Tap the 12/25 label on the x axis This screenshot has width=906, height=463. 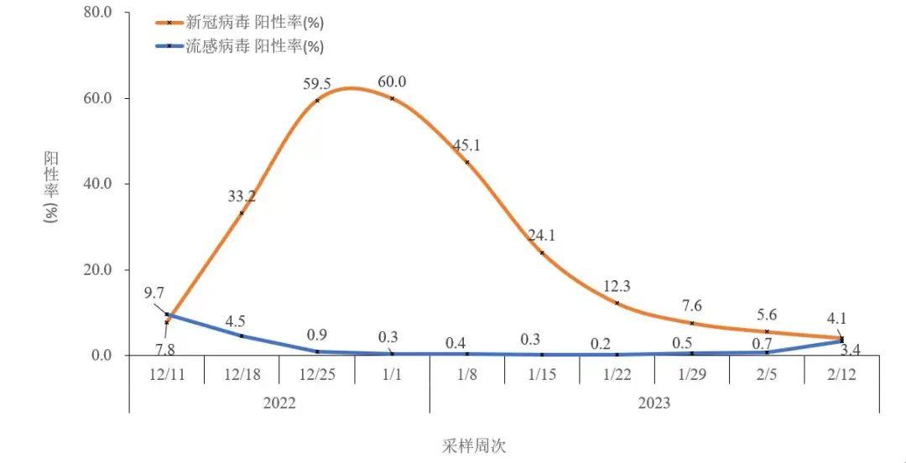click(x=317, y=373)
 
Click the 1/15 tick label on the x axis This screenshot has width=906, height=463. click(x=542, y=373)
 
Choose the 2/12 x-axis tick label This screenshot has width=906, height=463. click(x=841, y=373)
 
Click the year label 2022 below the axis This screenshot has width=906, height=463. click(x=279, y=403)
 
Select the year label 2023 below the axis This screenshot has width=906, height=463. click(x=654, y=403)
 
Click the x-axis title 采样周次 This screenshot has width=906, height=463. click(x=475, y=445)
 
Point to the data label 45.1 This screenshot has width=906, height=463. click(x=466, y=145)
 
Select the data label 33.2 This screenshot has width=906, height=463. click(x=242, y=196)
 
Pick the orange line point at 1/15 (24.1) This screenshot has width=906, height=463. click(x=542, y=252)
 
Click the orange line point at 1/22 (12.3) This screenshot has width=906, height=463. click(x=617, y=303)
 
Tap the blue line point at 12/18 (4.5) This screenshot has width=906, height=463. click(x=242, y=336)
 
